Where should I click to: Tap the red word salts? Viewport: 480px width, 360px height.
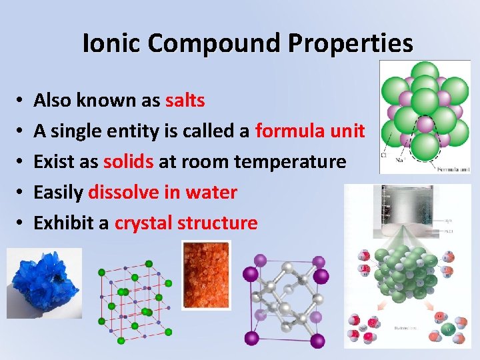(x=185, y=101)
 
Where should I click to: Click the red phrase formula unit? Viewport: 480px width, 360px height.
(x=309, y=131)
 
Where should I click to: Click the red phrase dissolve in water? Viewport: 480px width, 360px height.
(x=163, y=193)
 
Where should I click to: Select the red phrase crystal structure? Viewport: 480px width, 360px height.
(x=186, y=223)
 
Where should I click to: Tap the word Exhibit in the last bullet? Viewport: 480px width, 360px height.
(x=63, y=223)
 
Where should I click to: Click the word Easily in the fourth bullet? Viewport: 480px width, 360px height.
(x=59, y=193)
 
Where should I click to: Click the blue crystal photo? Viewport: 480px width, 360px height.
(x=43, y=283)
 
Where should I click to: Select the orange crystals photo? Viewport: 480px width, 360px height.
(x=207, y=273)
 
